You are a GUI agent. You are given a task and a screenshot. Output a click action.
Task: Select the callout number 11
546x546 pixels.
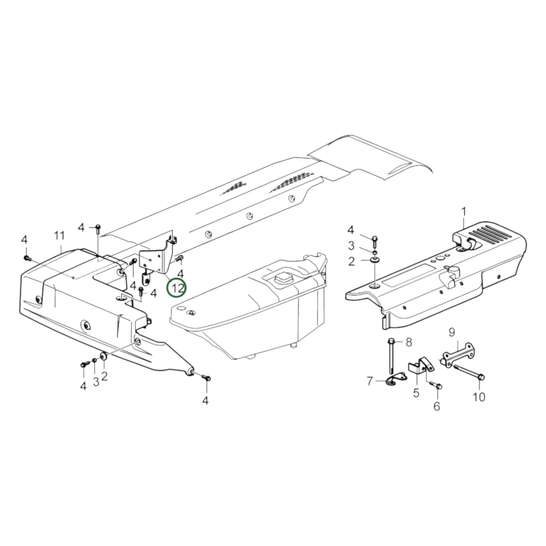[59, 236]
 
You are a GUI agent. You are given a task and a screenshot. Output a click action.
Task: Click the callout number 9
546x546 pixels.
[452, 333]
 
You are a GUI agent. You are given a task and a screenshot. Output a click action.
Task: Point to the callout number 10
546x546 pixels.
[479, 397]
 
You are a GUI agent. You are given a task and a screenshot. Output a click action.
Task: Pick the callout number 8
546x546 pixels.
[408, 342]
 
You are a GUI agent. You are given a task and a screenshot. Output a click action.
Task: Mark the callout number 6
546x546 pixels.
[437, 406]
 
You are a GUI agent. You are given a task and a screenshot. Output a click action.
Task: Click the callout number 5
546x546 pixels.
[416, 393]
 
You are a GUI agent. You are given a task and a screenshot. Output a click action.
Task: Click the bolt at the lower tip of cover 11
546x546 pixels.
[206, 377]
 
